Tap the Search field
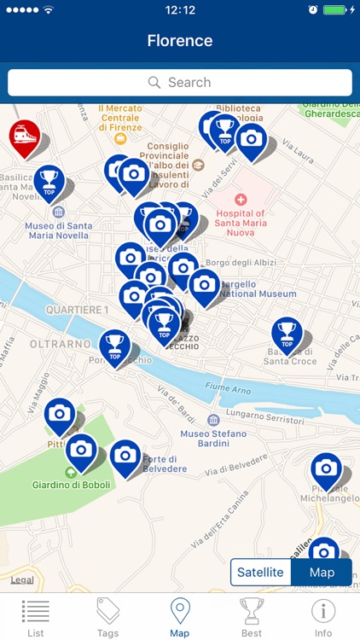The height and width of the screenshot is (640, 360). (x=180, y=83)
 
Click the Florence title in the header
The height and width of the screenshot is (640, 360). (x=180, y=40)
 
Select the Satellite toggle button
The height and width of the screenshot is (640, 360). (x=260, y=572)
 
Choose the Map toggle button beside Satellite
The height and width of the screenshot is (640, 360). (x=322, y=572)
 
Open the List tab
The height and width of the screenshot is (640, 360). (x=36, y=617)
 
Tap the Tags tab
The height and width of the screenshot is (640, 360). (x=107, y=617)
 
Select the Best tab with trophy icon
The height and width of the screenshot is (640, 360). (x=252, y=617)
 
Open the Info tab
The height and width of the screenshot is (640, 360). (x=323, y=617)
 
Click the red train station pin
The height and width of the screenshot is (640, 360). (x=24, y=137)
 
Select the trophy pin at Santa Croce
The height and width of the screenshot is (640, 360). (x=287, y=335)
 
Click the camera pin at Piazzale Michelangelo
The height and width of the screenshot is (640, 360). (x=326, y=469)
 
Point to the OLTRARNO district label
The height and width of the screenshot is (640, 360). (x=61, y=344)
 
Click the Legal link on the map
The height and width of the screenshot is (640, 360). (x=23, y=579)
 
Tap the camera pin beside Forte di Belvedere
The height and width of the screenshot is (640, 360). (x=125, y=457)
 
